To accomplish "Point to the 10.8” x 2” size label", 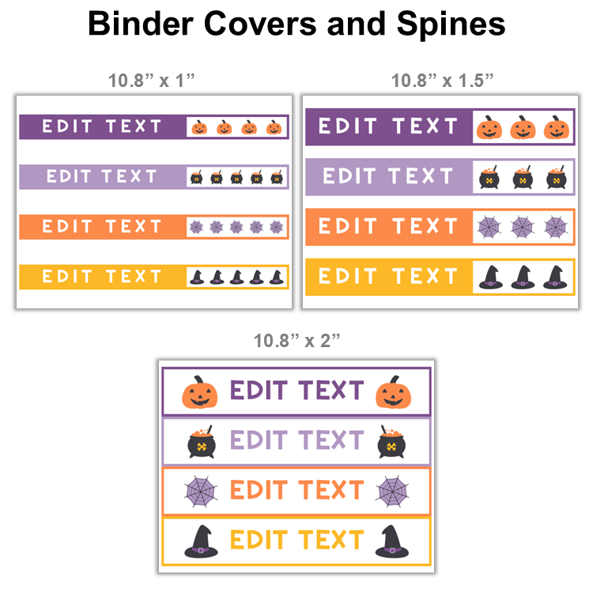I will click(296, 341).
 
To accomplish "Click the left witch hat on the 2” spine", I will click(201, 540).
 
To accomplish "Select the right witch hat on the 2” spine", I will click(392, 540).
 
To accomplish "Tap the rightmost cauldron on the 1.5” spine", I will click(557, 177).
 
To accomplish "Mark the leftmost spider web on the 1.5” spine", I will click(489, 228).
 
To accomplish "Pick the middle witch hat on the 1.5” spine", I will click(523, 277).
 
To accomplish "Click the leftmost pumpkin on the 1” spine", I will click(199, 127).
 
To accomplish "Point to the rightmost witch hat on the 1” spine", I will click(276, 277).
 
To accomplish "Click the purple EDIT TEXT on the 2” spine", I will click(296, 391).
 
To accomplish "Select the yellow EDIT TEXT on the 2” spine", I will click(296, 540).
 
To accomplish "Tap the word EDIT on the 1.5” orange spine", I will click(347, 227).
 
